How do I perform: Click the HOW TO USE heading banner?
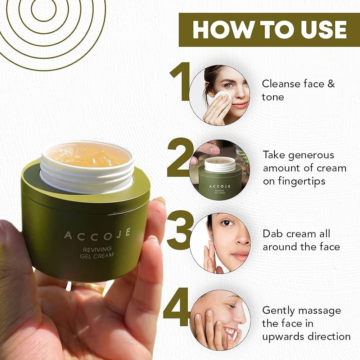click(269, 30)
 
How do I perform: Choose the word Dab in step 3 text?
click(273, 234)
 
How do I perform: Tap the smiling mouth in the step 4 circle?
click(229, 330)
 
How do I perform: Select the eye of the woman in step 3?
click(225, 224)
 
